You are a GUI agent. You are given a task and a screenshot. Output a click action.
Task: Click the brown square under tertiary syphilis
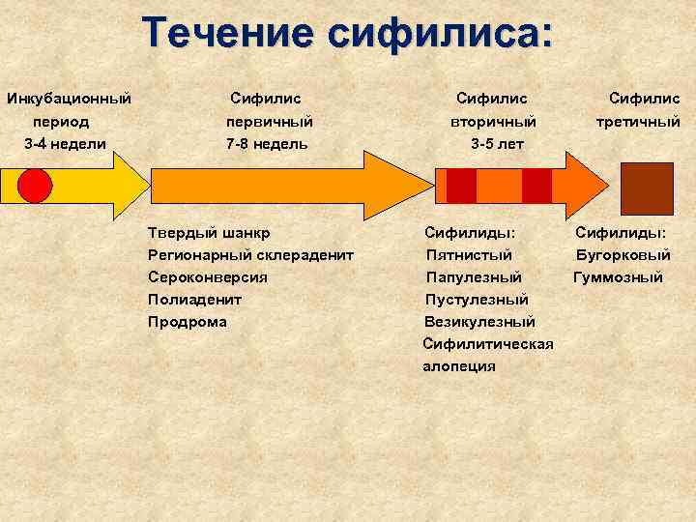pyautogui.click(x=646, y=188)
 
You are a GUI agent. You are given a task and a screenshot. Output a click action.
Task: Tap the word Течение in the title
pyautogui.click(x=228, y=33)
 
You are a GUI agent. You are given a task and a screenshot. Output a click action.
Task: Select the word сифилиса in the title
pyautogui.click(x=441, y=33)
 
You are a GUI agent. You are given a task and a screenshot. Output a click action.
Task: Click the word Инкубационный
pyautogui.click(x=69, y=99)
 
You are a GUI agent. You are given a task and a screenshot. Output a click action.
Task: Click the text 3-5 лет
pyautogui.click(x=497, y=144)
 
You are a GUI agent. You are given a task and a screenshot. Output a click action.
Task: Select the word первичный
pyautogui.click(x=269, y=122)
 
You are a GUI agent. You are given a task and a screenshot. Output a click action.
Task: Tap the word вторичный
pyautogui.click(x=493, y=122)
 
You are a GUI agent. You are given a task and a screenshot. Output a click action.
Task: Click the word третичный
pyautogui.click(x=638, y=122)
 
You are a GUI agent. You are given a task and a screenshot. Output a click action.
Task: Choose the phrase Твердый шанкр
pyautogui.click(x=209, y=233)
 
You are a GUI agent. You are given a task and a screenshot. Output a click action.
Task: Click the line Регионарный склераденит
pyautogui.click(x=250, y=255)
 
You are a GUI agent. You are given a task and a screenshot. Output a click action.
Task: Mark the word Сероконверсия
pyautogui.click(x=208, y=277)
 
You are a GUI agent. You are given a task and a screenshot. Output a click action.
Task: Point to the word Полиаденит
pyautogui.click(x=194, y=300)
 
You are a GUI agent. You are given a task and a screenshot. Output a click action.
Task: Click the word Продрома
pyautogui.click(x=187, y=322)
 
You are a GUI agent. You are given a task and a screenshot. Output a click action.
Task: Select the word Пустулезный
pyautogui.click(x=477, y=300)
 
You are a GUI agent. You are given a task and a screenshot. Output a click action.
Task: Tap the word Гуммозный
pyautogui.click(x=618, y=277)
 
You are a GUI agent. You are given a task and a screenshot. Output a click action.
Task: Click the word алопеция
pyautogui.click(x=459, y=366)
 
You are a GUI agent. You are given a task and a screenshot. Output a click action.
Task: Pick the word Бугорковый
pyautogui.click(x=623, y=255)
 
